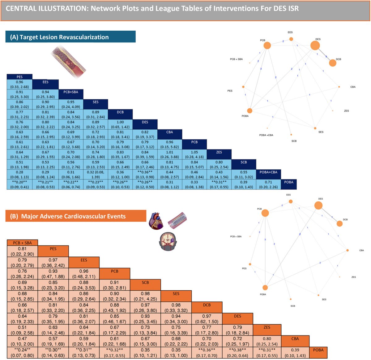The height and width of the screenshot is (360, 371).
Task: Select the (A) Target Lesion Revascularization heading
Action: click(59, 37)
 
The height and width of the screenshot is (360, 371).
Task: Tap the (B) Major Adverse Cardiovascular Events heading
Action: click(73, 216)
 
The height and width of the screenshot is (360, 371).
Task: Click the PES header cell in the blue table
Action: click(19, 77)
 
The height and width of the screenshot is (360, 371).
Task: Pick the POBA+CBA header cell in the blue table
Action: click(268, 172)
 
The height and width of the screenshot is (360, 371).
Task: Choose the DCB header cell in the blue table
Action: click(120, 112)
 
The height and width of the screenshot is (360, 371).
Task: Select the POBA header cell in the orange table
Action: click(318, 350)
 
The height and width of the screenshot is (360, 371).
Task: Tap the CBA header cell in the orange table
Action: click(295, 339)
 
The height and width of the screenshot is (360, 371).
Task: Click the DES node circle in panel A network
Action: click(315, 46)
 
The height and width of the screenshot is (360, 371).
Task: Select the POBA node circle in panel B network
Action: click(265, 288)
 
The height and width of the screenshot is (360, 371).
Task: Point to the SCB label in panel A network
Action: click(294, 141)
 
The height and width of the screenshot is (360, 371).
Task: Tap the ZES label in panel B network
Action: click(353, 277)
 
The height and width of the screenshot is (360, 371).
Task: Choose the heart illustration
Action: click(156, 221)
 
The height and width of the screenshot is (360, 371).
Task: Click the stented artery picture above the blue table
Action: click(68, 60)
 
